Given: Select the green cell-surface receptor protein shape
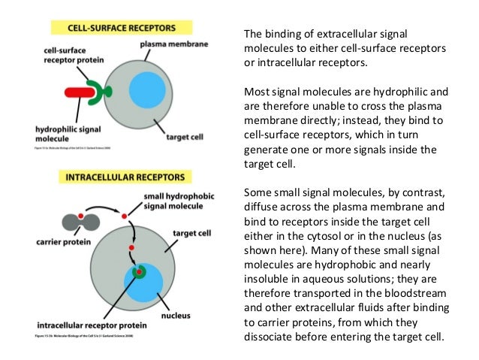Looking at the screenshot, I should click(x=97, y=92).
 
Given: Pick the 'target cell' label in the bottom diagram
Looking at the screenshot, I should click(x=191, y=234).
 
